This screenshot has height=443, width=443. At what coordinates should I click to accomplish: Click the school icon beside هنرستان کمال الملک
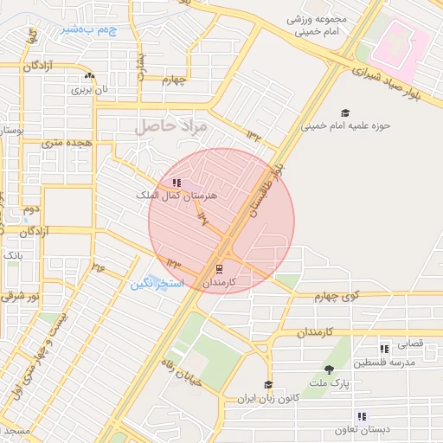177,183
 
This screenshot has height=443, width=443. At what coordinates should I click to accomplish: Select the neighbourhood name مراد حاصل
172,126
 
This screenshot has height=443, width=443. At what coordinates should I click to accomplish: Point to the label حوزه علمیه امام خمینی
346,125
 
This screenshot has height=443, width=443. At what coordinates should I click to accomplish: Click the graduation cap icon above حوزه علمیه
345,112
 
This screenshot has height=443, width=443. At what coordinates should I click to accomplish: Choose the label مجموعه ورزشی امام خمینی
316,25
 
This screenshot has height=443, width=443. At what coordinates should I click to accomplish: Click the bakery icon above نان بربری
88,76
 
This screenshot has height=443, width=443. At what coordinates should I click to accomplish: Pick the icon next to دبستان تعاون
362,416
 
